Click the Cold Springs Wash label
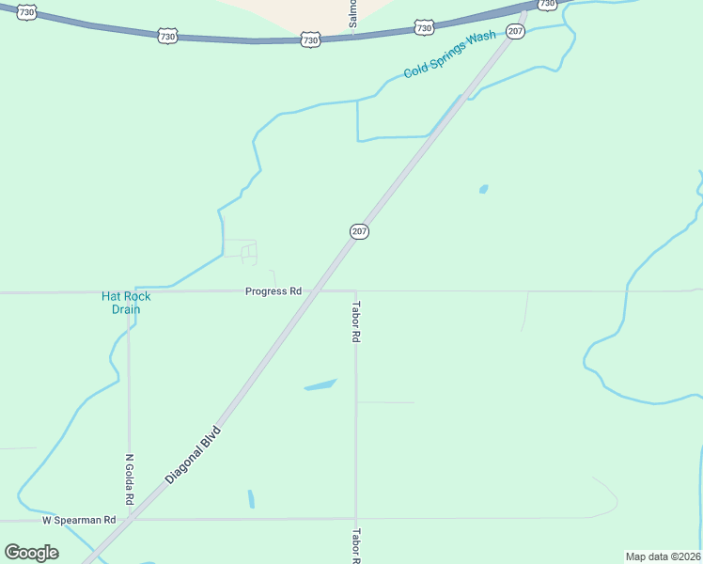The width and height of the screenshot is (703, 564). [449, 55]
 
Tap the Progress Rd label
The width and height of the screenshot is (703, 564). [273, 291]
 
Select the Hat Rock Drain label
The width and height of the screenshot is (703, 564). [126, 303]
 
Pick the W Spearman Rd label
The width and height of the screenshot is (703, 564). [79, 520]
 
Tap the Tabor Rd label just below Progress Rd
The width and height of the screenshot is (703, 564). [356, 321]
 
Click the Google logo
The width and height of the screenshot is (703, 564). [31, 552]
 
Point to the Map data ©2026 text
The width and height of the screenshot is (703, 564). [663, 556]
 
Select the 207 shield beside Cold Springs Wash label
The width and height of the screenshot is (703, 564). [514, 32]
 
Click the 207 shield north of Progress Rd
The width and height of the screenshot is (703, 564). [359, 231]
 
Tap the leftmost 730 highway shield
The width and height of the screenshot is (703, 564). [26, 12]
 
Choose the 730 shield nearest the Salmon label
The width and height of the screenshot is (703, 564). [310, 40]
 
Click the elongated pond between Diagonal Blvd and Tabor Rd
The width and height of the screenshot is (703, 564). [320, 384]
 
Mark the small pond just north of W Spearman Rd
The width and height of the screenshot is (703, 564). [251, 498]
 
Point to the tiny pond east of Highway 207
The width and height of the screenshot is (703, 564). [483, 189]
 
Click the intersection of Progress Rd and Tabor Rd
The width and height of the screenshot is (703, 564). [355, 291]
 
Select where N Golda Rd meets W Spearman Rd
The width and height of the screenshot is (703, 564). [130, 519]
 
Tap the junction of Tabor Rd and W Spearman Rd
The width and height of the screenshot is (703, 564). [355, 518]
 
